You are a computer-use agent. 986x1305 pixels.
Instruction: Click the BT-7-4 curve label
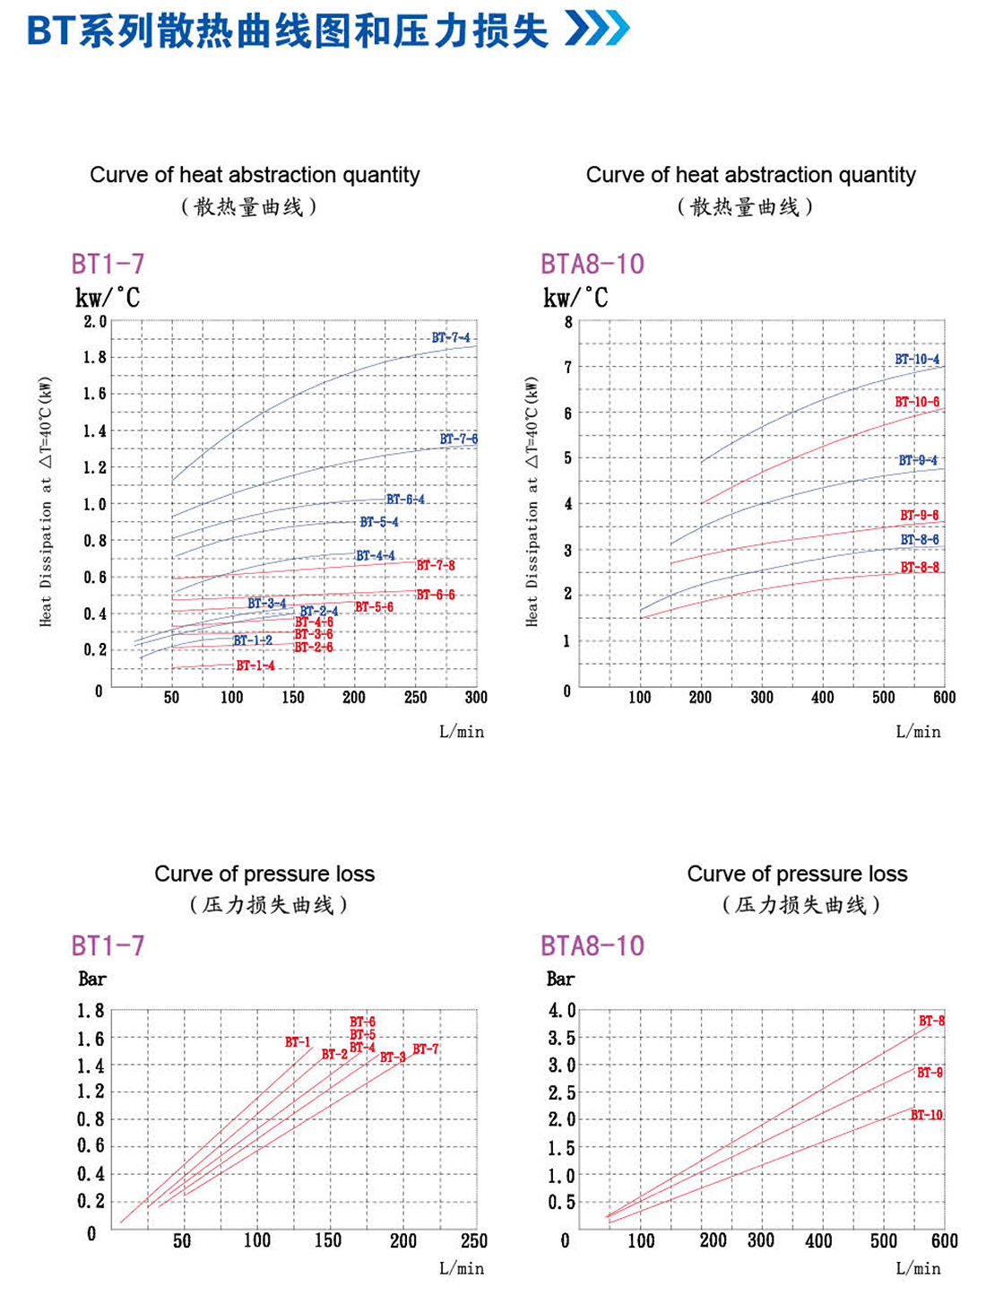pos(450,337)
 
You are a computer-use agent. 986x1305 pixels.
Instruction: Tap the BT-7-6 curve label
pos(458,439)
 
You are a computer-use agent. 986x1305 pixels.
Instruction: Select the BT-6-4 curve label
pos(405,499)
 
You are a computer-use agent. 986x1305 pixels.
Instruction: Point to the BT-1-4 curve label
pos(255,666)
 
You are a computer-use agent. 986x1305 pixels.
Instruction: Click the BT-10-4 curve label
pos(917,359)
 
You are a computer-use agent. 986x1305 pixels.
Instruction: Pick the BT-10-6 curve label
pos(917,402)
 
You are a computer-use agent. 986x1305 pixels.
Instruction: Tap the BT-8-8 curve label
pos(920,567)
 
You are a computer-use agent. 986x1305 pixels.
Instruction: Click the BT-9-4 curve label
pos(918,460)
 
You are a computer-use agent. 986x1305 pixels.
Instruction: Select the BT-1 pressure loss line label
pos(298,1041)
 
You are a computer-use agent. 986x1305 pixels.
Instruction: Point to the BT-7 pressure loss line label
pos(426,1048)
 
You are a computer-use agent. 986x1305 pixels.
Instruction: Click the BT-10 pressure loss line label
pos(927,1115)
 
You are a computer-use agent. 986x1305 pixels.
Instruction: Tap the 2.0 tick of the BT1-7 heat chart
pos(95,321)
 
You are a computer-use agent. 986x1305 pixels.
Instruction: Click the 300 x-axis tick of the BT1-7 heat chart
pos(476,697)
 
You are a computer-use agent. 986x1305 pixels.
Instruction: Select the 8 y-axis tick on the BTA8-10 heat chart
pos(567,322)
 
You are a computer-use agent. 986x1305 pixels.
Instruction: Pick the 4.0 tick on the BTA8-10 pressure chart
pos(562,1011)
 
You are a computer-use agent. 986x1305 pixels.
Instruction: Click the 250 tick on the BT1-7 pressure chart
pos(474,1240)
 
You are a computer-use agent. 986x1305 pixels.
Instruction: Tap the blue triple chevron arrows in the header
pos(598,28)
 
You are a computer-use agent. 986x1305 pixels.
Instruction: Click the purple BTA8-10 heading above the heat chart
pos(592,264)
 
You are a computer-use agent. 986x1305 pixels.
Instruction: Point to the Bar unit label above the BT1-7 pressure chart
pos(92,979)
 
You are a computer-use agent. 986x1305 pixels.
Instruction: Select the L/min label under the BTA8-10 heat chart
pos(918,732)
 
